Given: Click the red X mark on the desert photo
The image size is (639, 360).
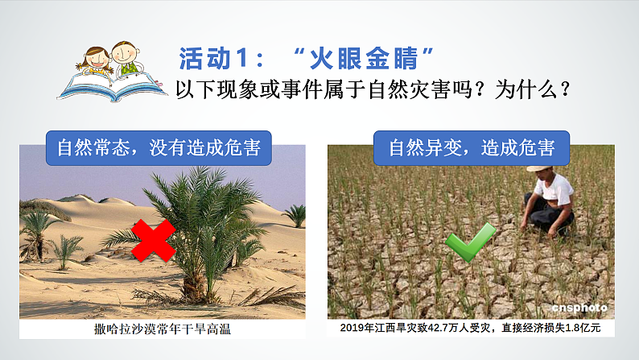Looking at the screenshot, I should click(154, 240).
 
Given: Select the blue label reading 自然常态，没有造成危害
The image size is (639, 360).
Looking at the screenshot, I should click(158, 147).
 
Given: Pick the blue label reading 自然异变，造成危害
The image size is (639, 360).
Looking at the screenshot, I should click(471, 147).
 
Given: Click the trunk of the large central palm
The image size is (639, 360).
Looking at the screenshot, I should click(193, 278).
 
